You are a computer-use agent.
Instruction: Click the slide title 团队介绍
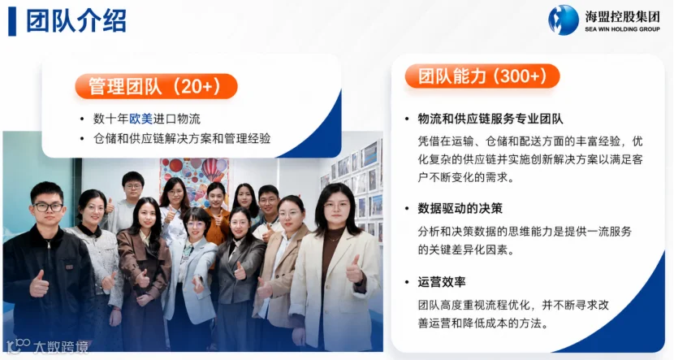[76, 20]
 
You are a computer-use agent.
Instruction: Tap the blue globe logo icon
[564, 20]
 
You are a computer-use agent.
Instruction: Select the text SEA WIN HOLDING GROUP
[622, 29]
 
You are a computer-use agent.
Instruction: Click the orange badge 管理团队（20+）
[156, 86]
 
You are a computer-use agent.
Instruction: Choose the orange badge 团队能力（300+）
[482, 76]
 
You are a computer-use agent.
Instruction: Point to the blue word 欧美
[141, 119]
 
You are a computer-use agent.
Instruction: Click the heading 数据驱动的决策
[460, 209]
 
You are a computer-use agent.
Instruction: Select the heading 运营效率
[442, 282]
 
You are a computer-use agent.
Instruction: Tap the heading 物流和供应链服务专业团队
[490, 119]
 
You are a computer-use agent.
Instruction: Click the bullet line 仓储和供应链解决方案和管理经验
[182, 138]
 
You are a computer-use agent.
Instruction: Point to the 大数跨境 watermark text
[61, 347]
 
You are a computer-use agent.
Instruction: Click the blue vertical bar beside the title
[12, 21]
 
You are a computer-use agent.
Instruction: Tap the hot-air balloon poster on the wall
[194, 176]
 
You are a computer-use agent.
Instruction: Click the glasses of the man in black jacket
[49, 207]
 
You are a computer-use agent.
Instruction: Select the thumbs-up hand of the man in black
[39, 284]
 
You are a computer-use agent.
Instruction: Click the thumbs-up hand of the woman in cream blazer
[355, 270]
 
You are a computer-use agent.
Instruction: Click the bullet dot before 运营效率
[407, 282]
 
